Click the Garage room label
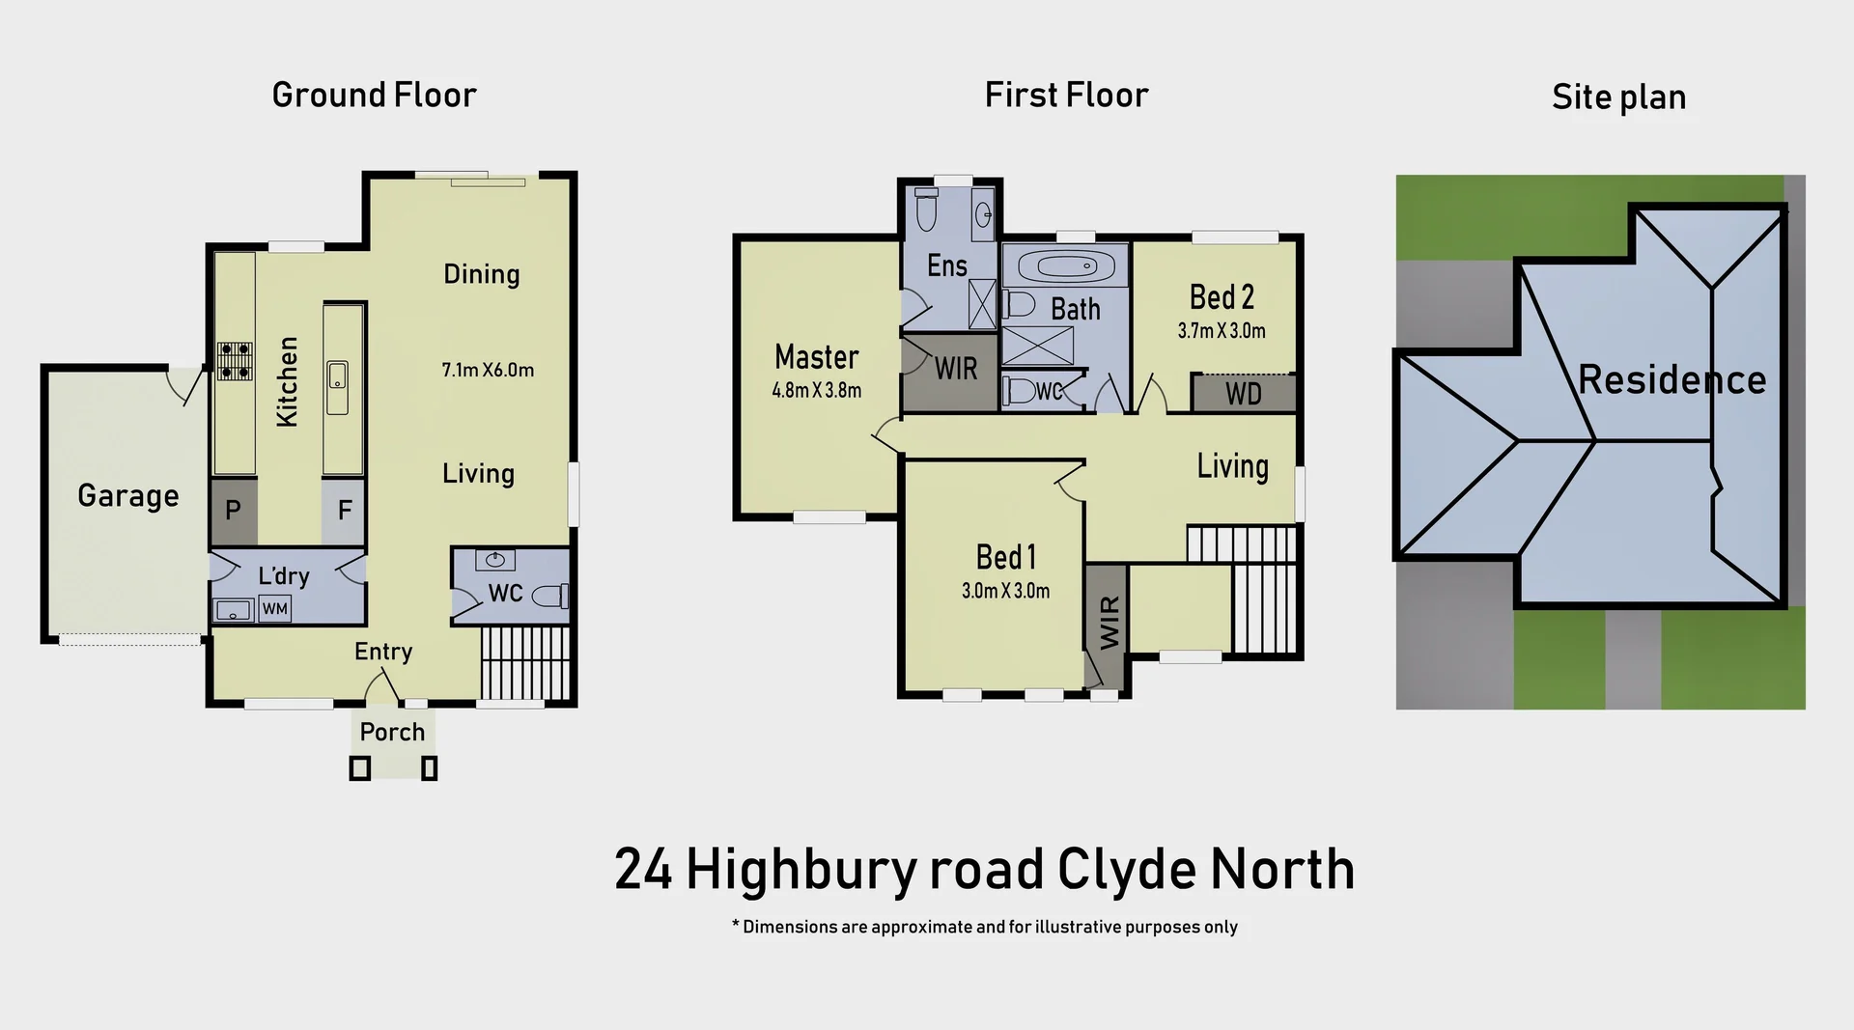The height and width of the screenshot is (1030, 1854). click(127, 495)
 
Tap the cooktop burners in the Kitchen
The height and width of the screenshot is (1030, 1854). click(235, 359)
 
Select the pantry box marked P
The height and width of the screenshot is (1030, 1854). click(233, 510)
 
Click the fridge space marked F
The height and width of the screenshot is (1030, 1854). click(344, 510)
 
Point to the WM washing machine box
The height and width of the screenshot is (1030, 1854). click(274, 609)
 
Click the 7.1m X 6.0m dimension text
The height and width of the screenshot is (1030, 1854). click(488, 370)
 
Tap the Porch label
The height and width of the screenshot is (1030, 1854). click(392, 732)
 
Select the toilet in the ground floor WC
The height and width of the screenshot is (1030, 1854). click(550, 597)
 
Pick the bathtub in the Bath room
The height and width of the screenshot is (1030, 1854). click(1064, 264)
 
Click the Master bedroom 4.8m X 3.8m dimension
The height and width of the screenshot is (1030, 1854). click(816, 391)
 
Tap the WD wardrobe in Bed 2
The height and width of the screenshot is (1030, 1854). click(1243, 394)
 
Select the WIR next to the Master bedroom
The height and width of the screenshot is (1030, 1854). click(954, 369)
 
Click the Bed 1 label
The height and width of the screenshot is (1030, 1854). click(1005, 557)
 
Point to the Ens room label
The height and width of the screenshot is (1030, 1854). click(946, 265)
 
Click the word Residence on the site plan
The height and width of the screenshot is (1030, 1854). click(1671, 379)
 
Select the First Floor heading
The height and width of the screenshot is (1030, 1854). click(1066, 95)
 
